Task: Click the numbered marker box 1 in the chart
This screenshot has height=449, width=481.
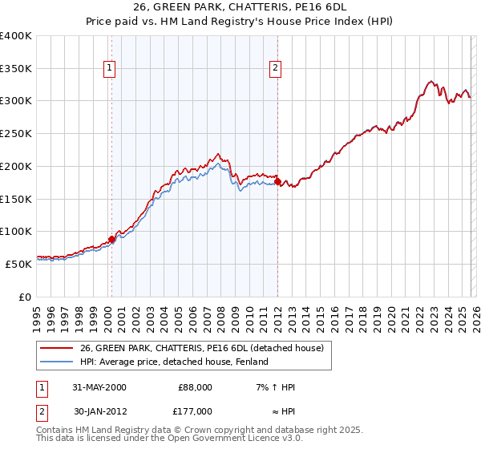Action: point(108,69)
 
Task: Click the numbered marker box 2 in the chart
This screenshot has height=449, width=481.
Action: point(275,69)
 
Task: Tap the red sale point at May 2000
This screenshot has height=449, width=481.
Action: point(111,238)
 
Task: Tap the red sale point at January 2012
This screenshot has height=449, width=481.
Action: point(277,182)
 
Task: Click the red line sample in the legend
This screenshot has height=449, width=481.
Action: point(56,348)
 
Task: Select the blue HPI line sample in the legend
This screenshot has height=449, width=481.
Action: point(56,362)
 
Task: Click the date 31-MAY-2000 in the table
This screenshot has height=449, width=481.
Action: point(99,387)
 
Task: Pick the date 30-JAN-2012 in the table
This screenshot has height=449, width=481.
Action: point(99,411)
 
